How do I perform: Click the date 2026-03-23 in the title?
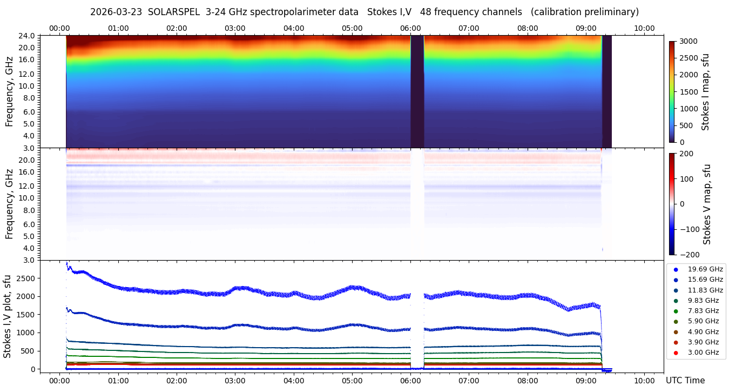click(116, 12)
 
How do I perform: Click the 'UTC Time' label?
click(685, 380)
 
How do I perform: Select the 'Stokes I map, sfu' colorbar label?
click(705, 91)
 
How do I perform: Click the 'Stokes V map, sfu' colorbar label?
click(707, 204)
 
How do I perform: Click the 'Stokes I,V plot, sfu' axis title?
click(8, 316)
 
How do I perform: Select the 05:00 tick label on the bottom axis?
click(352, 380)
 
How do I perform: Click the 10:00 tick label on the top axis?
click(644, 28)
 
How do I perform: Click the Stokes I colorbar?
click(672, 91)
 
